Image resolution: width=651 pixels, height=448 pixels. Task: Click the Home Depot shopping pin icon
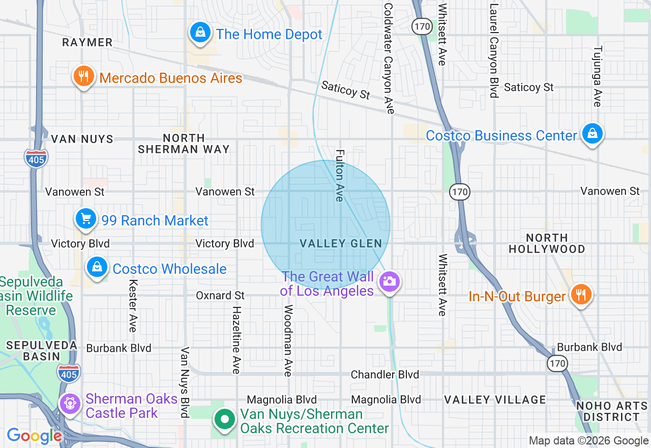click(x=200, y=33)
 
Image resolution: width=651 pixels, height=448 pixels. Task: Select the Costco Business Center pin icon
click(x=592, y=134)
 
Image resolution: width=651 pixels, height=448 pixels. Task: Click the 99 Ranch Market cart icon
click(x=86, y=219)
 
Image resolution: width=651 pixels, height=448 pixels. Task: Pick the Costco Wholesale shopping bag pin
click(x=97, y=267)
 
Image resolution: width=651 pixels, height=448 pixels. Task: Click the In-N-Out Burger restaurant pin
click(x=580, y=295)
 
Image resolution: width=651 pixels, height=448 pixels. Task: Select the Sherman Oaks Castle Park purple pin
click(x=70, y=404)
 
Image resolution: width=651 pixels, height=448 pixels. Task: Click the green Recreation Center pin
click(x=224, y=420)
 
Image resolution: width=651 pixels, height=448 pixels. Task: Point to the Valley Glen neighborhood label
click(x=341, y=244)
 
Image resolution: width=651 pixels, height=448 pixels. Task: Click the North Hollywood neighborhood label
click(x=547, y=243)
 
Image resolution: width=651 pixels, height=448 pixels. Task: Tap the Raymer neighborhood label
click(x=87, y=42)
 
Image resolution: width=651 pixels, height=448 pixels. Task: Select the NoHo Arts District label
click(x=607, y=411)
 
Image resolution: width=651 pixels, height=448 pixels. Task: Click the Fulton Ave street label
click(x=340, y=175)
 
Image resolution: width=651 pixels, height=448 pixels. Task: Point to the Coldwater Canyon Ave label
click(x=389, y=59)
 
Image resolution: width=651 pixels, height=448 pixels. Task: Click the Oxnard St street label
click(x=220, y=296)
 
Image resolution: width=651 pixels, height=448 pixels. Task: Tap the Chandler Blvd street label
click(x=385, y=375)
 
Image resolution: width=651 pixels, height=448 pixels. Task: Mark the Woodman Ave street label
click(x=288, y=341)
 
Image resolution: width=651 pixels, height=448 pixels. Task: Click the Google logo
click(x=34, y=436)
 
